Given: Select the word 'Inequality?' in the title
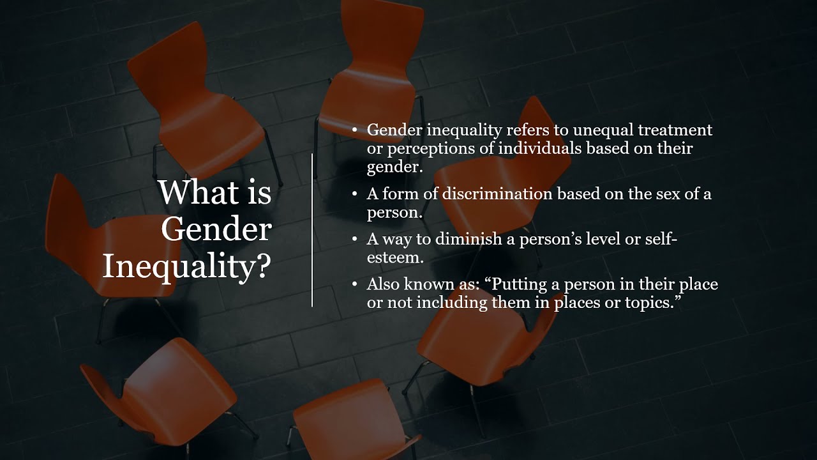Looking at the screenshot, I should coord(186,266).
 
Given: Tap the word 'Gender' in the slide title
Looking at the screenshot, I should coord(216,229).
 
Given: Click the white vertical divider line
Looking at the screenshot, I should coord(312,230).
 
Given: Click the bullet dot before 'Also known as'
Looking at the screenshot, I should coord(355,284).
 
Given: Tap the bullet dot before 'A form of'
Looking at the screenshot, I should coord(355,194).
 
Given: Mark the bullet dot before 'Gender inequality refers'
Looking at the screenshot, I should coord(355,130).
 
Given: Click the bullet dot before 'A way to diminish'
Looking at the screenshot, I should coord(355,239).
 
